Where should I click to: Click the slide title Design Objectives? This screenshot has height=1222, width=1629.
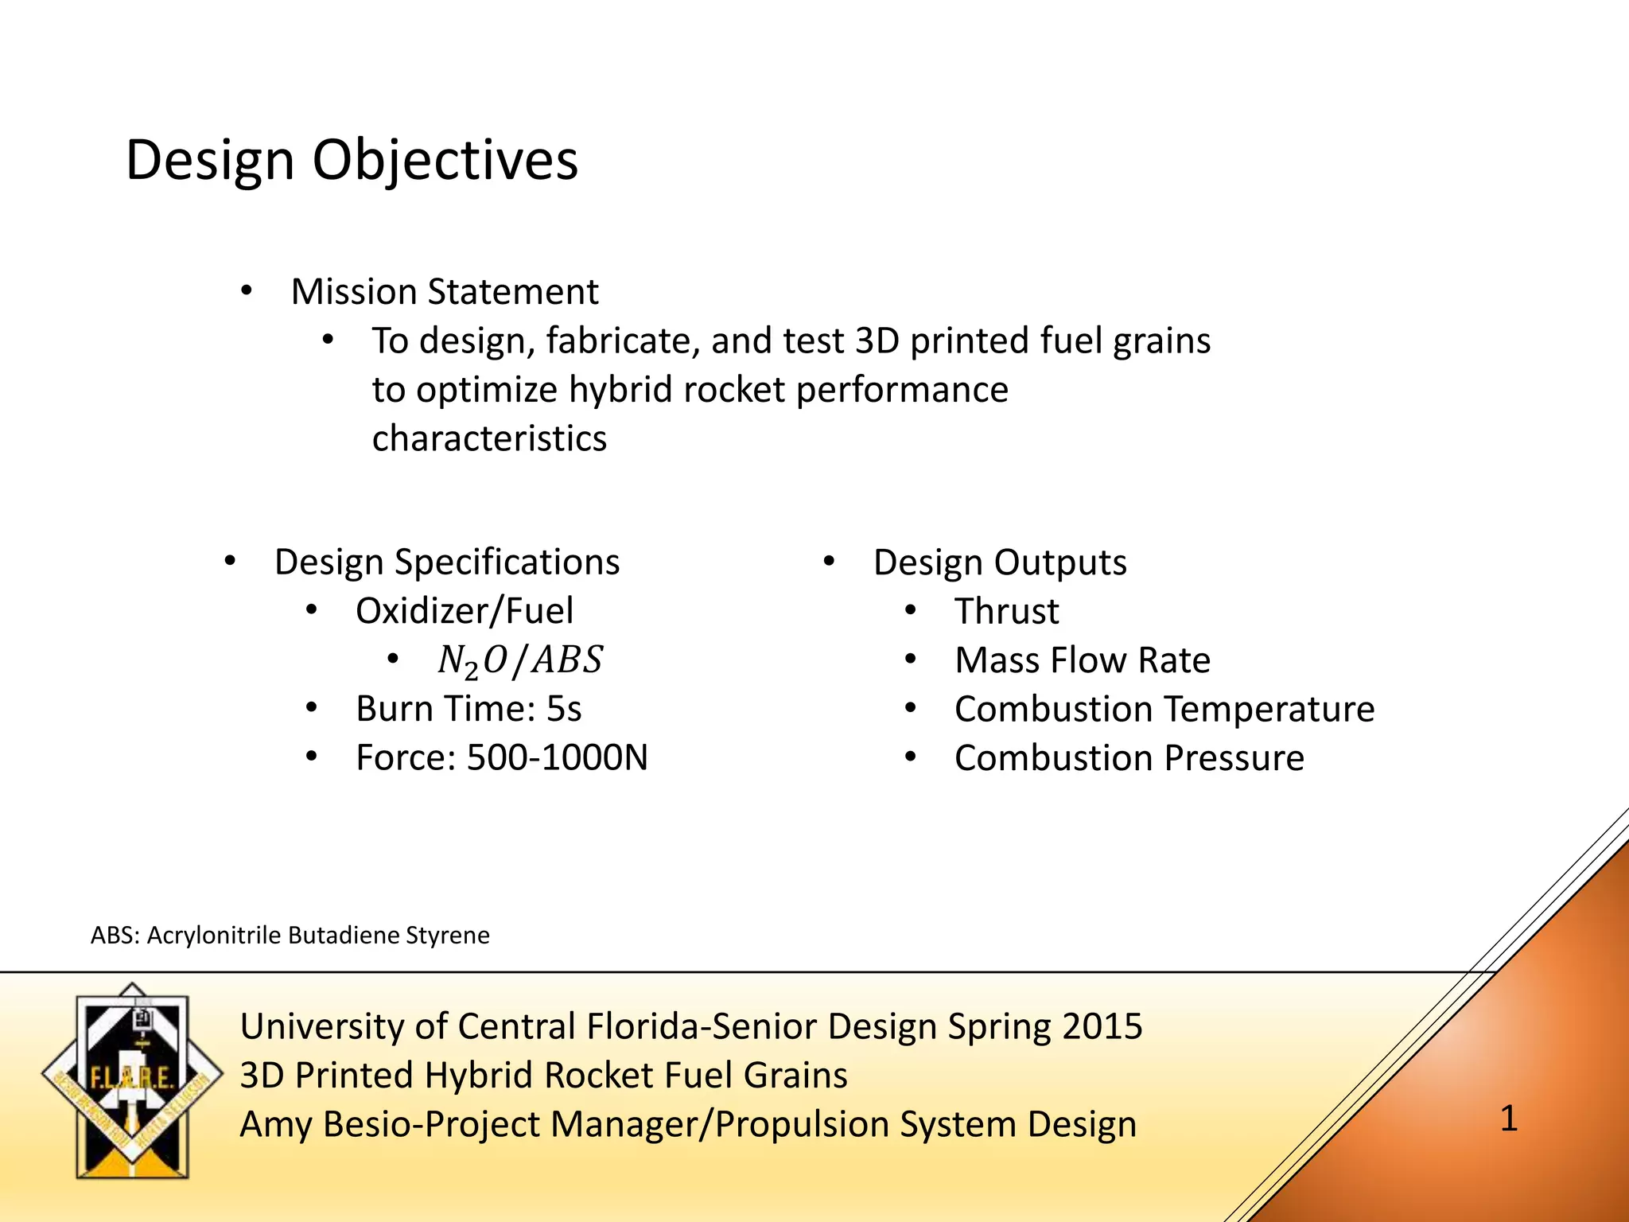(352, 161)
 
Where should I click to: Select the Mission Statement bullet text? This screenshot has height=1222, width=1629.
(444, 292)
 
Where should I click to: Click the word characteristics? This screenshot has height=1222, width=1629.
(489, 438)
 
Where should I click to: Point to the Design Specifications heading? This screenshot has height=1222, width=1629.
(446, 562)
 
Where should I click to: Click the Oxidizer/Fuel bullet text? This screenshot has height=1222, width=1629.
(464, 611)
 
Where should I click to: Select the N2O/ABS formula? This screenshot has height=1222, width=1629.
(520, 660)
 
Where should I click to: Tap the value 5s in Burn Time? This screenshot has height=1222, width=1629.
(563, 709)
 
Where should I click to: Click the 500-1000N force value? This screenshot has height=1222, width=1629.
(557, 757)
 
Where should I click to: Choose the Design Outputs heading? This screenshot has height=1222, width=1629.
(999, 562)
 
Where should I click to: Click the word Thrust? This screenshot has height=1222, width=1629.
(1006, 611)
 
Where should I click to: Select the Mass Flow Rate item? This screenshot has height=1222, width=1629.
(1082, 660)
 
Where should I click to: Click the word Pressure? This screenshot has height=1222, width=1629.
(1234, 757)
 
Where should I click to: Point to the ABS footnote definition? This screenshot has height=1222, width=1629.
(290, 935)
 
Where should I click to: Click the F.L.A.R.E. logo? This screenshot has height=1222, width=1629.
(132, 1080)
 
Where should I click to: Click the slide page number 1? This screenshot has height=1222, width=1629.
(1508, 1119)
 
